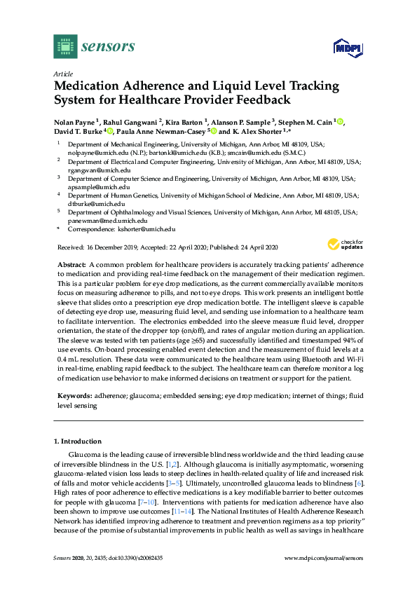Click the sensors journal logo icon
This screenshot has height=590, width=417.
click(x=64, y=46)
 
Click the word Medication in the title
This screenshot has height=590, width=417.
click(x=92, y=86)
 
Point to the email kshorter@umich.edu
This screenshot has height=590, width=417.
click(x=148, y=229)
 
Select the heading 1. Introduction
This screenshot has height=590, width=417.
click(x=77, y=441)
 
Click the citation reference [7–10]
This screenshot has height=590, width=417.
click(x=144, y=502)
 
